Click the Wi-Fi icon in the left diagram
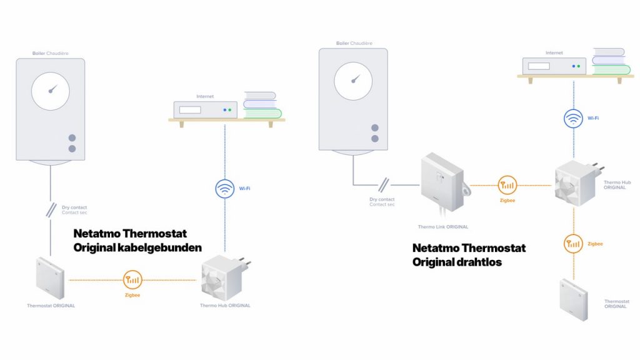tap(224, 188)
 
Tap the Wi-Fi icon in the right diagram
tap(574, 118)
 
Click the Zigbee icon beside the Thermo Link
tap(507, 185)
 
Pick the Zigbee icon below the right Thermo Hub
tap(574, 243)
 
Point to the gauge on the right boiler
tap(353, 81)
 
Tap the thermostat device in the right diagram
tap(574, 299)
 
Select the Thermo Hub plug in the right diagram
tap(576, 182)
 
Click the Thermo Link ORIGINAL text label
tap(442, 227)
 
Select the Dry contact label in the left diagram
tap(74, 207)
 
